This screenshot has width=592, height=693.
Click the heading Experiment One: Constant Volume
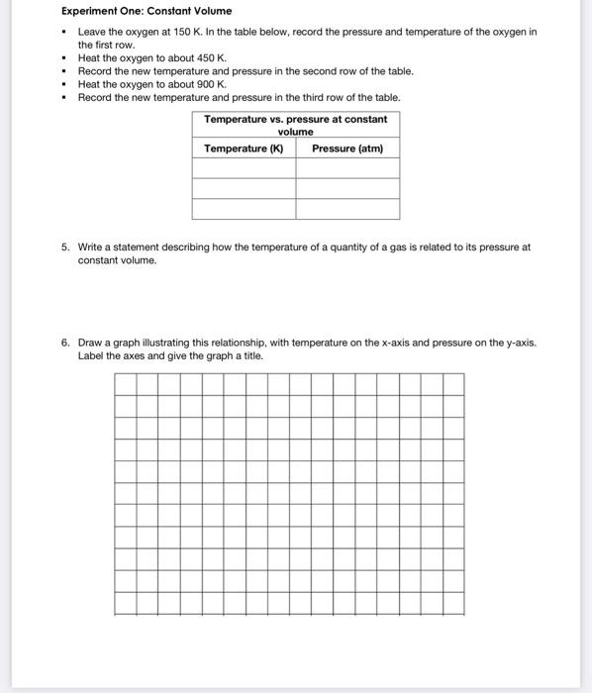click(x=147, y=11)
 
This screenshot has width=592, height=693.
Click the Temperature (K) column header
click(x=244, y=148)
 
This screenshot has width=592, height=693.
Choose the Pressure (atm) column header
click(x=347, y=148)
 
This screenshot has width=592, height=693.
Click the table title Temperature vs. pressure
click(x=295, y=125)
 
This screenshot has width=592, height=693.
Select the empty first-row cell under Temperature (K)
click(x=244, y=168)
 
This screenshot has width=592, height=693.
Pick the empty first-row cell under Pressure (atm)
click(x=347, y=168)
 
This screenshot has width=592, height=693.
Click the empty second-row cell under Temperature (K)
click(x=244, y=189)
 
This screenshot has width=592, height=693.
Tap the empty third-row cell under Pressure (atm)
click(x=347, y=209)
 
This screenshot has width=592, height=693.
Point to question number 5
click(x=65, y=247)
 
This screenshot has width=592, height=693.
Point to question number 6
click(x=65, y=343)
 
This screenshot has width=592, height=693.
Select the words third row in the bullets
click(x=301, y=97)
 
